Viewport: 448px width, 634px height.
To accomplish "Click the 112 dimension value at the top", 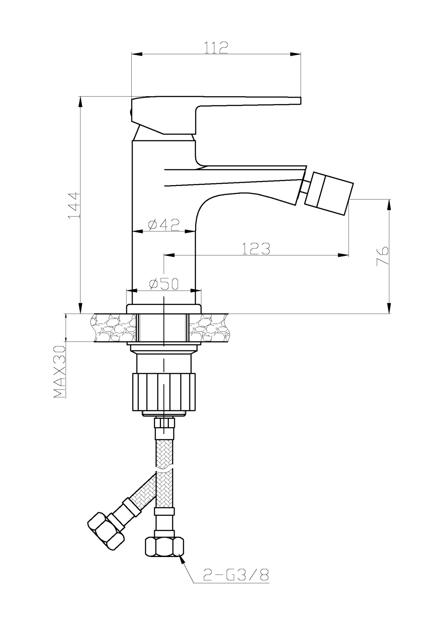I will point(217,47).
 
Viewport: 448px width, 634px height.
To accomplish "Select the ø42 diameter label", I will point(164,225).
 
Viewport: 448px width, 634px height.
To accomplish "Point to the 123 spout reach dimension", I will point(256,249).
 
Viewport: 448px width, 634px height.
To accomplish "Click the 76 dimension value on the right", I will point(382,256).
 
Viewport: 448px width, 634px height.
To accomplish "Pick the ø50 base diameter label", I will point(164,284).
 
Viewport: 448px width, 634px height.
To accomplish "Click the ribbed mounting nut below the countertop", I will point(164,392).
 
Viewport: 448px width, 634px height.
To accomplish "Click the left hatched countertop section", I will point(113,327).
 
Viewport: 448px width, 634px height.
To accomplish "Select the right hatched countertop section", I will point(209,327).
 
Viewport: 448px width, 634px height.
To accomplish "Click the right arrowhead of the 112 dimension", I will point(296,54).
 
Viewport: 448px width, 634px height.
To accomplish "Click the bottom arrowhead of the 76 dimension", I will point(388,309).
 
